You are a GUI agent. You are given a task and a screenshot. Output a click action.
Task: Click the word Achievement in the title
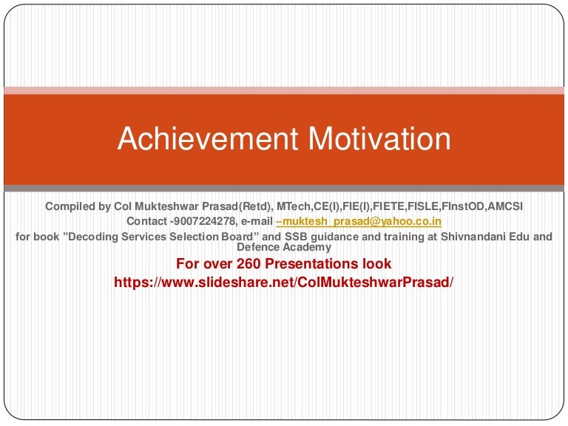208,138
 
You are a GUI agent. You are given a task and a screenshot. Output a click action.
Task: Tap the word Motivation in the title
379,138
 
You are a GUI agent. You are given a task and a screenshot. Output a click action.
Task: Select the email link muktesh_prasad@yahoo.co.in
359,221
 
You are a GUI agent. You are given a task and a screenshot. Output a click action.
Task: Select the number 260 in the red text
249,263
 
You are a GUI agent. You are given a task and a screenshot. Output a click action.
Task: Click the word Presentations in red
312,263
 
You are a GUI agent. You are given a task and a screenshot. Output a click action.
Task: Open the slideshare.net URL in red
284,282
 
